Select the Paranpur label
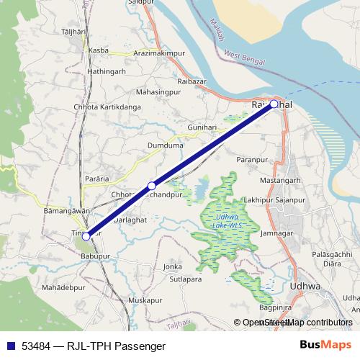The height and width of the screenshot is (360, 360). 252,158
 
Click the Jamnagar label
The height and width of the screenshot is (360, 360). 277,234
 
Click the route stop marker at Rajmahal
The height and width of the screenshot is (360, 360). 274,104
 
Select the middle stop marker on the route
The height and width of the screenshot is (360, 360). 151,186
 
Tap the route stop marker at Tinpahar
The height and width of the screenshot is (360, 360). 86,235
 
